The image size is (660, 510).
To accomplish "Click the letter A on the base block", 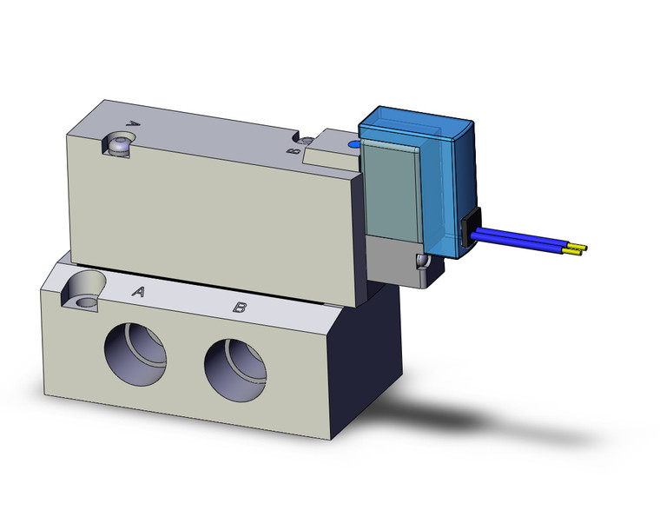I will pos(137,293).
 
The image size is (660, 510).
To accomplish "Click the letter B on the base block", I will pos(239,308).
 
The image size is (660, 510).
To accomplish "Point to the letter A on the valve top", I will pos(134,123).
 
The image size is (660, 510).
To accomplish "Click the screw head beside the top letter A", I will pos(117,143).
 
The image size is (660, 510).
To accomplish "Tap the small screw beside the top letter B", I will pos(306,140).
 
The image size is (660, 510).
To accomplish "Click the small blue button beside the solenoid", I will pos(352,144).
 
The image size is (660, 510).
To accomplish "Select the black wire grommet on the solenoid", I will pos(469,227).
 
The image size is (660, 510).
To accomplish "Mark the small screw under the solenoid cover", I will pos(420,262).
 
